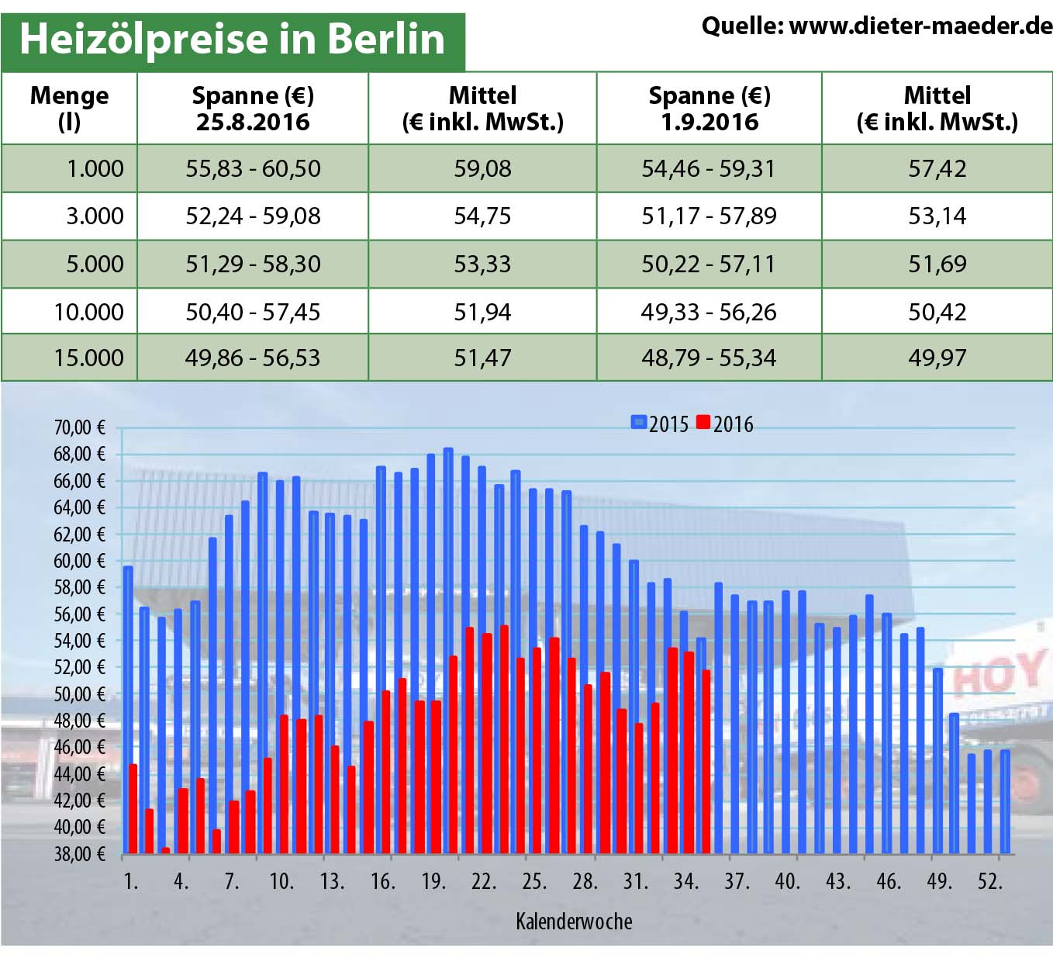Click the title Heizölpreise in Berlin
click(x=232, y=39)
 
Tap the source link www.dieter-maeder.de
click(x=920, y=26)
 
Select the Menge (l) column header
click(x=69, y=109)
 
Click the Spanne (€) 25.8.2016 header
click(x=253, y=109)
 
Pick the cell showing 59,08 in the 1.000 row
click(x=482, y=168)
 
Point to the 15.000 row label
click(x=88, y=358)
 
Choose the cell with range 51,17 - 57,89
click(x=709, y=216)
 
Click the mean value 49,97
click(x=937, y=358)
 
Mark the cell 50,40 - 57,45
click(x=253, y=312)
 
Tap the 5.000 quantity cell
click(x=94, y=264)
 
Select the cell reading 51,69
click(x=937, y=264)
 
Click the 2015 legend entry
click(x=660, y=424)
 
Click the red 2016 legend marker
click(x=703, y=423)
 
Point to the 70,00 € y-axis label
click(x=78, y=427)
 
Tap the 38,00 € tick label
click(x=78, y=854)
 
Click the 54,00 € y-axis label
click(x=78, y=641)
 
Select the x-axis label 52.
click(x=989, y=881)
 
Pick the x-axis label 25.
click(x=533, y=881)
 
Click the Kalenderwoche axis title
click(x=574, y=922)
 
